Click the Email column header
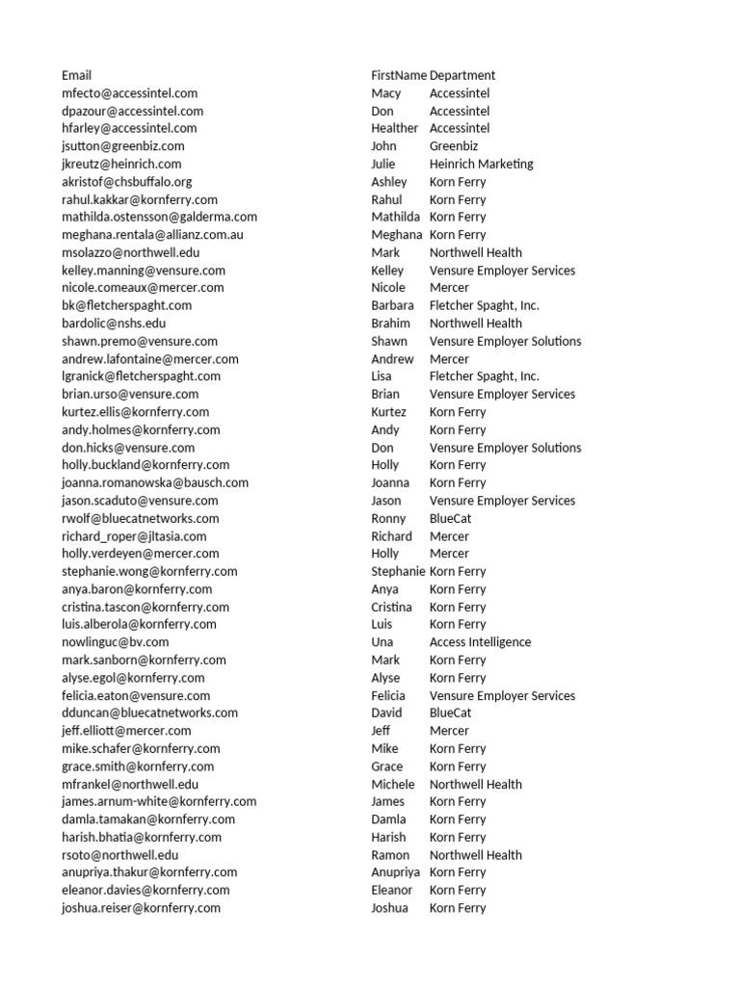pyautogui.click(x=77, y=75)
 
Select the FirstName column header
pyautogui.click(x=399, y=75)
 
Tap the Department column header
pyautogui.click(x=462, y=75)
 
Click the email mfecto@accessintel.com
pyautogui.click(x=130, y=93)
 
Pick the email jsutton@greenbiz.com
pyautogui.click(x=123, y=146)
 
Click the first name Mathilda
pyautogui.click(x=395, y=217)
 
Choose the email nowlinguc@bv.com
pyautogui.click(x=116, y=642)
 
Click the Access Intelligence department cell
pyautogui.click(x=480, y=642)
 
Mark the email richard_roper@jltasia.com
pyautogui.click(x=134, y=536)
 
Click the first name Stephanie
pyautogui.click(x=398, y=571)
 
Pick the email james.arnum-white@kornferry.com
pyautogui.click(x=159, y=801)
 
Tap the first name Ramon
pyautogui.click(x=390, y=855)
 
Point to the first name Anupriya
pyautogui.click(x=396, y=872)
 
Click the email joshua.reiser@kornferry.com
pyautogui.click(x=141, y=908)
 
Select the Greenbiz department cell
pyautogui.click(x=457, y=146)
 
